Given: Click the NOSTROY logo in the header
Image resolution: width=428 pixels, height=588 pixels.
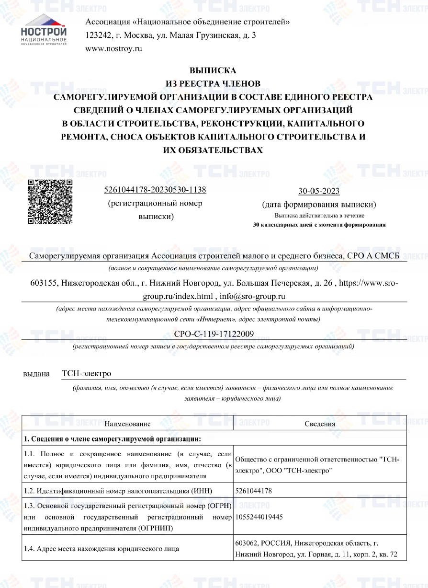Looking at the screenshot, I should tap(44, 30).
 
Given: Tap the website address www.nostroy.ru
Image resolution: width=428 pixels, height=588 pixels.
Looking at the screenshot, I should tap(113, 48).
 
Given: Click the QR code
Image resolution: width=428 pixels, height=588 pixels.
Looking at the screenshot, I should tap(50, 202).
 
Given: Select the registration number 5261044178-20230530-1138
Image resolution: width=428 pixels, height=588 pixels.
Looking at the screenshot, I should tap(155, 190).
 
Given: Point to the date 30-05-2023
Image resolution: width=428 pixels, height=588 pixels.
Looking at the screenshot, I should tap(319, 191).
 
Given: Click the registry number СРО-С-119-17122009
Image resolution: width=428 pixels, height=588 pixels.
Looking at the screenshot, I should tap(213, 334).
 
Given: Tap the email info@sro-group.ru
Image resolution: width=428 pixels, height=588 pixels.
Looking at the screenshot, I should tap(253, 296).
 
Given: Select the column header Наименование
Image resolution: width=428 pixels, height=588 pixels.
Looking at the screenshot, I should tap(127, 424).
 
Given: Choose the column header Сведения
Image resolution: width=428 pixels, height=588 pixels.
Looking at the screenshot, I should tap(320, 424).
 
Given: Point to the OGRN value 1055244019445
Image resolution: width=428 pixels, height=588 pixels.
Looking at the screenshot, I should tap(259, 517).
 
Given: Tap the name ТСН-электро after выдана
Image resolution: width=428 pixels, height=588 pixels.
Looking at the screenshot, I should tap(86, 373).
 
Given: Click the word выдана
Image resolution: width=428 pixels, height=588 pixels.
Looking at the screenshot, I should tap(36, 373).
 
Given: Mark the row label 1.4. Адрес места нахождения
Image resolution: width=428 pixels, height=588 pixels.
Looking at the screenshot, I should tap(101, 549).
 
